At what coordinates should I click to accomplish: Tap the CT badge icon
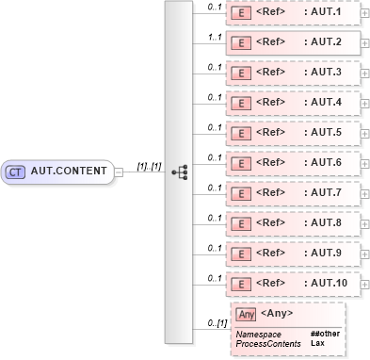(x=15, y=172)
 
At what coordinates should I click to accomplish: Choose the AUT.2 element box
(x=292, y=43)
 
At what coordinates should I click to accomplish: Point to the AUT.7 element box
(x=292, y=194)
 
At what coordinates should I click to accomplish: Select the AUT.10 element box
(x=292, y=284)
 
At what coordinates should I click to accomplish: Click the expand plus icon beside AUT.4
(x=365, y=104)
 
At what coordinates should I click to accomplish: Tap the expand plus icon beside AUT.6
(x=365, y=164)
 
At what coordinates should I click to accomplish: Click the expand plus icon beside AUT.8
(x=365, y=224)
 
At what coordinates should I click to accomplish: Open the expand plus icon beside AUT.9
(x=365, y=254)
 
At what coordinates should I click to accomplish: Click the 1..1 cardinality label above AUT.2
(x=214, y=36)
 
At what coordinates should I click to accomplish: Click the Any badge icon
(x=247, y=314)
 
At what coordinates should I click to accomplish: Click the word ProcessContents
(x=267, y=342)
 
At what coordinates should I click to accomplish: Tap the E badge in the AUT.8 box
(x=241, y=224)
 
